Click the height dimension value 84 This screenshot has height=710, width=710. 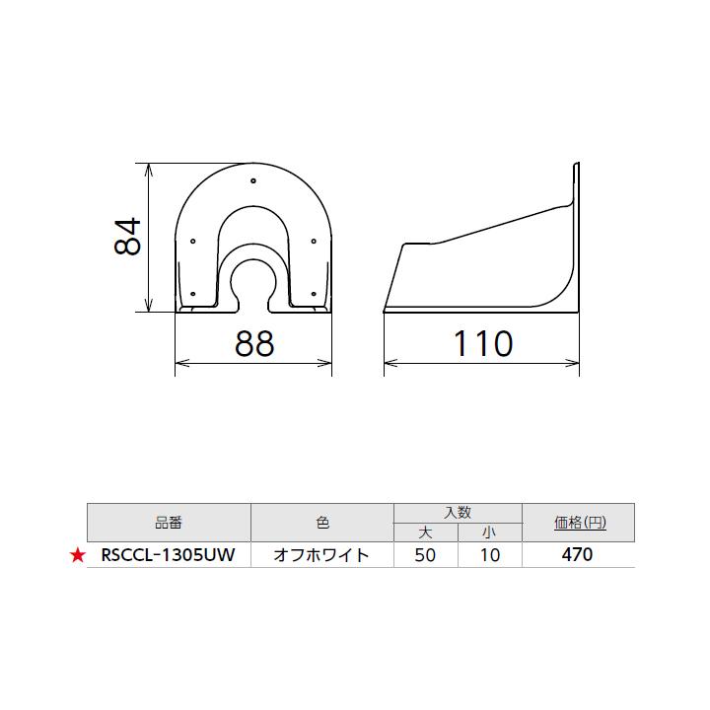[129, 237]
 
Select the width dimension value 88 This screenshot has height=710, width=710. [253, 343]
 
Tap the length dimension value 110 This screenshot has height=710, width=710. [482, 343]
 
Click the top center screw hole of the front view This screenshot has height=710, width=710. [253, 180]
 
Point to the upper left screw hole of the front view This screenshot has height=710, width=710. [193, 241]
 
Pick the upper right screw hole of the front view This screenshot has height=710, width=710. [314, 241]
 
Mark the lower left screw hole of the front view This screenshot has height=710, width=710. [193, 294]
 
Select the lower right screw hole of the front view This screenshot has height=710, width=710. [314, 294]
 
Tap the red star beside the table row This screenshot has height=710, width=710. [78, 556]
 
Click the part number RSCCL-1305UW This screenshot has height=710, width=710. [168, 555]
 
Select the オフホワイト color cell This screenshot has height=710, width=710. [322, 555]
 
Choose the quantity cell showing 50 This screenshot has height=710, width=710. [426, 555]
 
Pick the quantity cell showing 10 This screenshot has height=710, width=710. [490, 555]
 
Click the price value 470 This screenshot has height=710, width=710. [577, 555]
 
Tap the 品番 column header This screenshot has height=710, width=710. [169, 523]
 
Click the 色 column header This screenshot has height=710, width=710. [322, 523]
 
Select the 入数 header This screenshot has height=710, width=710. [458, 513]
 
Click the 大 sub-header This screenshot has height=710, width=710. [426, 532]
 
